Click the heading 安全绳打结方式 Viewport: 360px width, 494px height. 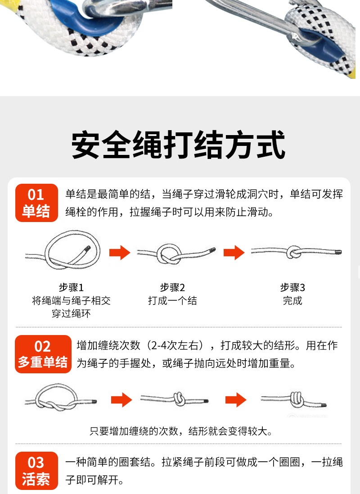[179, 145]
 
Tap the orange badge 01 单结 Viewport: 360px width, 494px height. [36, 203]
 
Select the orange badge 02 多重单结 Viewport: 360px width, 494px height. [43, 354]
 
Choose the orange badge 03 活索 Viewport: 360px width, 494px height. [36, 471]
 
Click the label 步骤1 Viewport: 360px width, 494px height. [71, 287]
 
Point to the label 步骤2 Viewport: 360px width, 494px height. [172, 287]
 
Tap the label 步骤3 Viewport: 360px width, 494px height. [292, 287]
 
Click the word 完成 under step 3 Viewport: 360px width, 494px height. [292, 300]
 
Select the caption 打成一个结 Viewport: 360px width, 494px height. [172, 300]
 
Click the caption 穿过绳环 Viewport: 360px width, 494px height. [71, 313]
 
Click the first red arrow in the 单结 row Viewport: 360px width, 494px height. [120, 252]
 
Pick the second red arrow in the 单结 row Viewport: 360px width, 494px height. [234, 252]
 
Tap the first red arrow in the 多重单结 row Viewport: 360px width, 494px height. [121, 400]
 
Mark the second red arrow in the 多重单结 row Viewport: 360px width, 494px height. [236, 400]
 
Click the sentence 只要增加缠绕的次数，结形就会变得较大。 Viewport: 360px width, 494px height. [181, 431]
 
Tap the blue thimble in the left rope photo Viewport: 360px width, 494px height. [86, 19]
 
